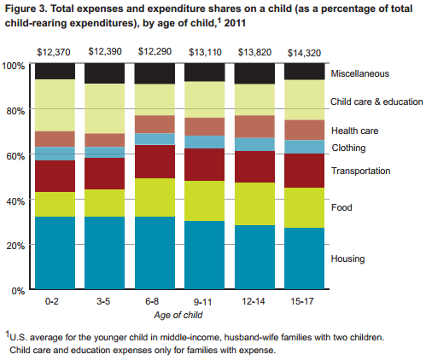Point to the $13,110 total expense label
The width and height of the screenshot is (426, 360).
tap(201, 51)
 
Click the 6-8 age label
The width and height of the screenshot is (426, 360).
tap(152, 301)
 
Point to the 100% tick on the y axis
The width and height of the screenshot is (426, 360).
tap(13, 66)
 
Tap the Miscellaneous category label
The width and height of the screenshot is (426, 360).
tap(361, 74)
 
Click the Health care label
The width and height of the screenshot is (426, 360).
tap(355, 131)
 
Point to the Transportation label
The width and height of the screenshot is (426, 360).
tap(360, 171)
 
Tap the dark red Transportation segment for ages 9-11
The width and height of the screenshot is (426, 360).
tap(201, 165)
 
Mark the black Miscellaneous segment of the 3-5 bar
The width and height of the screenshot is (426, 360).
tap(103, 73)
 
